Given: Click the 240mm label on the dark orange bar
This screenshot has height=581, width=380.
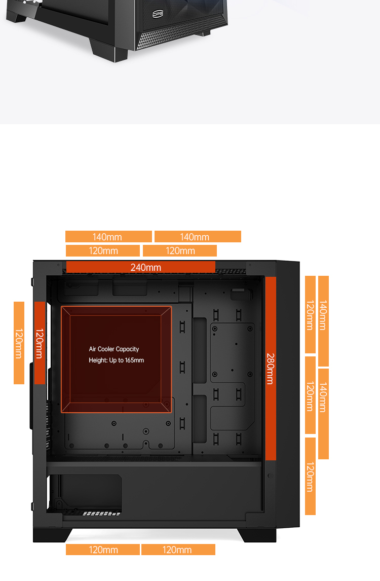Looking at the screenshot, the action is [145, 267].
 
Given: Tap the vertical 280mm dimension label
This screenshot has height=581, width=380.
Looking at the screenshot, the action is [271, 369].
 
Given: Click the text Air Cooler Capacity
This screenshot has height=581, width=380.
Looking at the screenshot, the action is [113, 349].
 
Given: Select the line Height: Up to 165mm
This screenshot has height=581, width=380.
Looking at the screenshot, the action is [117, 360].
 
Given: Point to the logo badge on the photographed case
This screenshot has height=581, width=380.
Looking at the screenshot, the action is [158, 14].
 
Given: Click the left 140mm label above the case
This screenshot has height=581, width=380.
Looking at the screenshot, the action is [107, 237].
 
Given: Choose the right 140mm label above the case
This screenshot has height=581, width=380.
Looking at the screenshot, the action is [195, 237].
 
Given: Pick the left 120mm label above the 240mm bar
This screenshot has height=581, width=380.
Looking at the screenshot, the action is [103, 251].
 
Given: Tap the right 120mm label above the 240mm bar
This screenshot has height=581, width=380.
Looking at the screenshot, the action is [180, 251].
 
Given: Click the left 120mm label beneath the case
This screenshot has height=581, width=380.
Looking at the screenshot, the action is [103, 550].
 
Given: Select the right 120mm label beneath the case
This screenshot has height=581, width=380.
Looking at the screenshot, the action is [177, 550].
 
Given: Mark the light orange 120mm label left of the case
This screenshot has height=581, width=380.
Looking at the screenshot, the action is [19, 343].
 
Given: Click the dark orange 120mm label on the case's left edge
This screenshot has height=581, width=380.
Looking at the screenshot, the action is [40, 343].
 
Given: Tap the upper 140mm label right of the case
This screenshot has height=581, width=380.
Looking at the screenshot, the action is [323, 315].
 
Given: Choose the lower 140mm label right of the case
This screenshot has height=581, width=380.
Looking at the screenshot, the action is [323, 397].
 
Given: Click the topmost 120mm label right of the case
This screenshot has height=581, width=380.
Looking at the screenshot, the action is [311, 315].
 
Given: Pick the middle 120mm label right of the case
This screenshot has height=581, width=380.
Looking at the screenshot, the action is [311, 396].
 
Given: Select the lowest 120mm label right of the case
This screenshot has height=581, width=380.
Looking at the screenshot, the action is [311, 477].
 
